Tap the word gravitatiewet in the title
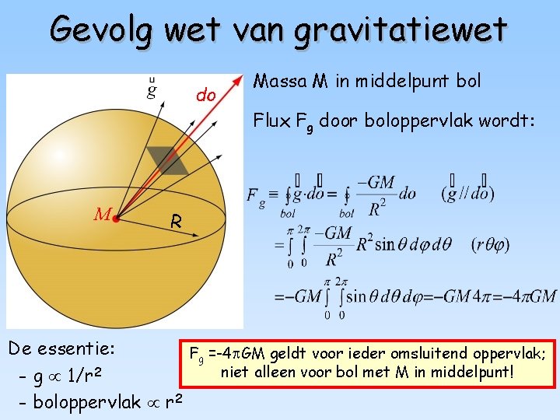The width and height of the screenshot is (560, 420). (401, 30)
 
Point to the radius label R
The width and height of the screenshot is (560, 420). (177, 222)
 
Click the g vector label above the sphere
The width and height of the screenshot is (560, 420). (152, 88)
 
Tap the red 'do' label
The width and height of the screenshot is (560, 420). (206, 96)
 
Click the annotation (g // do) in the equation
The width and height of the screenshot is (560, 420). (467, 193)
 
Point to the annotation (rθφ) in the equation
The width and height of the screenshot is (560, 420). (490, 244)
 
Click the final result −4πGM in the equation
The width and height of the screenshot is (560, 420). (530, 296)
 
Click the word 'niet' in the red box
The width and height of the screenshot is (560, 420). (235, 373)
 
